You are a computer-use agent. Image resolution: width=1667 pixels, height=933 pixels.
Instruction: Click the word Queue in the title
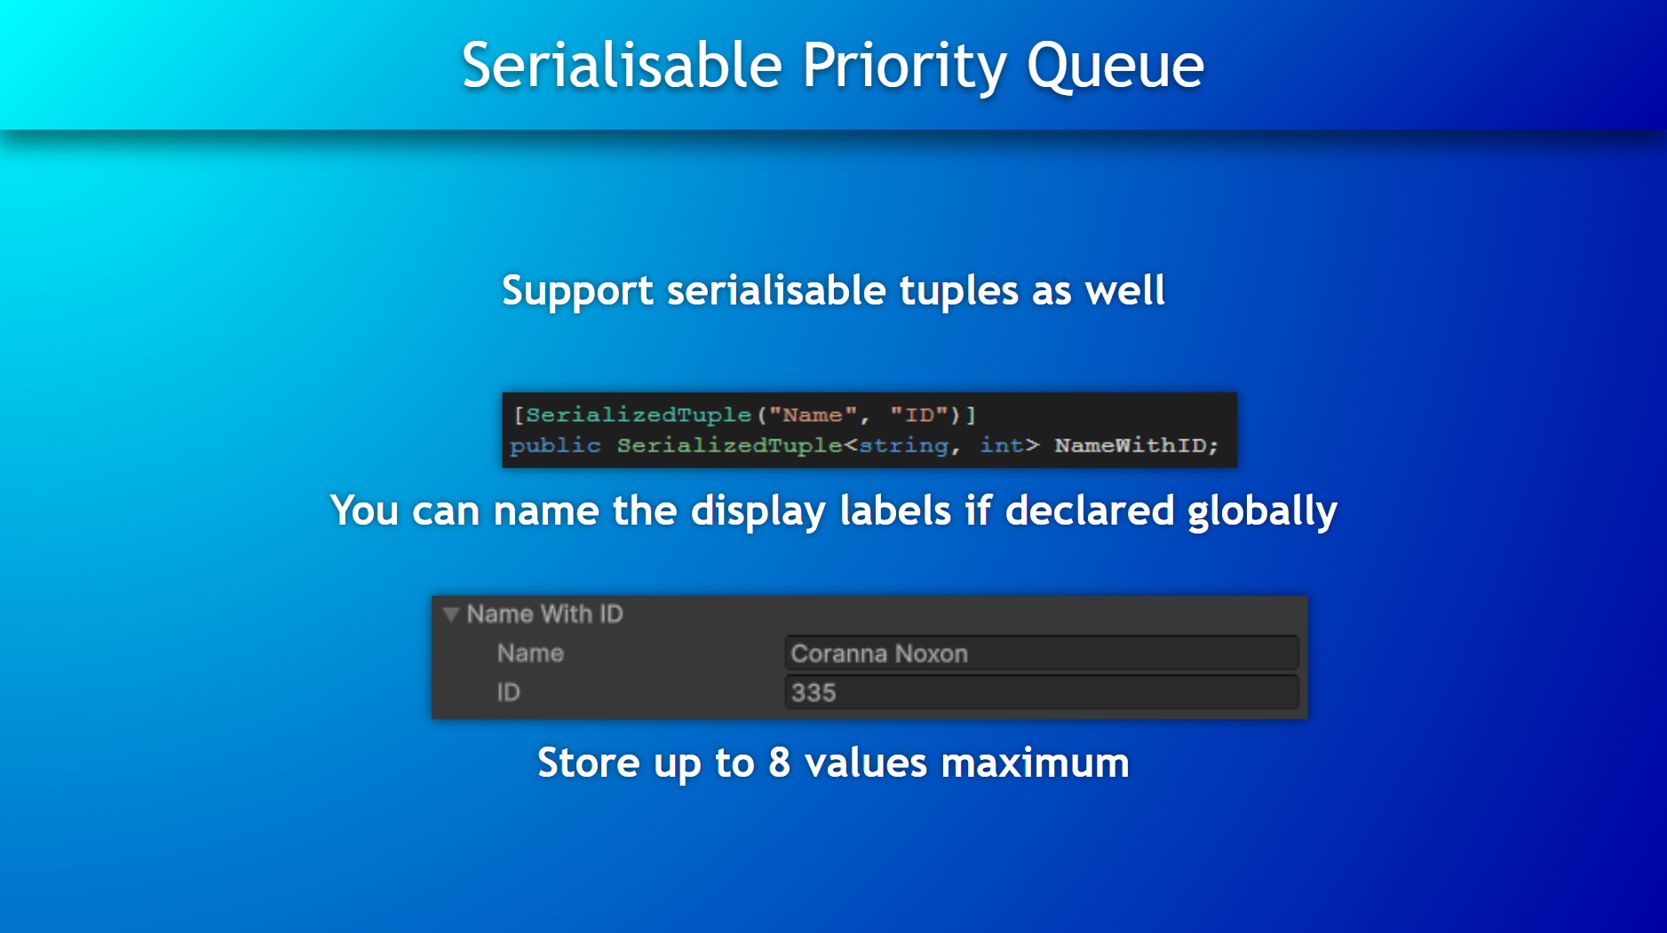(x=1115, y=67)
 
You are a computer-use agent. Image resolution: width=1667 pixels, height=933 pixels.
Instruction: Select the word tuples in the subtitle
(x=958, y=291)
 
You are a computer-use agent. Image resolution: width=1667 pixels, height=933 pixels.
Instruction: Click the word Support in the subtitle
(x=577, y=291)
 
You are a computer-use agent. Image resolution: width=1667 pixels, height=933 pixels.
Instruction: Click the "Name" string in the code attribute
(x=813, y=415)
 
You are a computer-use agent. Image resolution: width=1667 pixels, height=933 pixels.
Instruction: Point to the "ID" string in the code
(x=919, y=415)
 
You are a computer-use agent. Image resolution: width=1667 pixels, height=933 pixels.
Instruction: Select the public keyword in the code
(x=555, y=445)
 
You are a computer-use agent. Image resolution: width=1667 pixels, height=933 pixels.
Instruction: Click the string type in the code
(x=903, y=446)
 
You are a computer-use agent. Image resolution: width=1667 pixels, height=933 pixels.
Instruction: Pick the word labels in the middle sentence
(x=895, y=510)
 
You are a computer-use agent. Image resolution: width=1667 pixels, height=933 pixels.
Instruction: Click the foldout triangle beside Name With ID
(x=451, y=614)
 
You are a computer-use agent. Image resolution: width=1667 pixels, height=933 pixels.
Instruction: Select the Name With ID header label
(x=544, y=613)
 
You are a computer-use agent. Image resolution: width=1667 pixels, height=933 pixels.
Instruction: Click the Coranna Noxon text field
(x=1041, y=653)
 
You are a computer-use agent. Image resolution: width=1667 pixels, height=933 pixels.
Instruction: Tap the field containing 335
(x=1041, y=692)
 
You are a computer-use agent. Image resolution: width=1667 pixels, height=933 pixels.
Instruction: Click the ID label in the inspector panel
(x=508, y=692)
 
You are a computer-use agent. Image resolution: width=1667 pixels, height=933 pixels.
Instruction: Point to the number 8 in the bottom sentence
(x=779, y=763)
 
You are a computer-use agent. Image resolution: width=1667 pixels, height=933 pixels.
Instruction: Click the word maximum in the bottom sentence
(x=1035, y=763)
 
